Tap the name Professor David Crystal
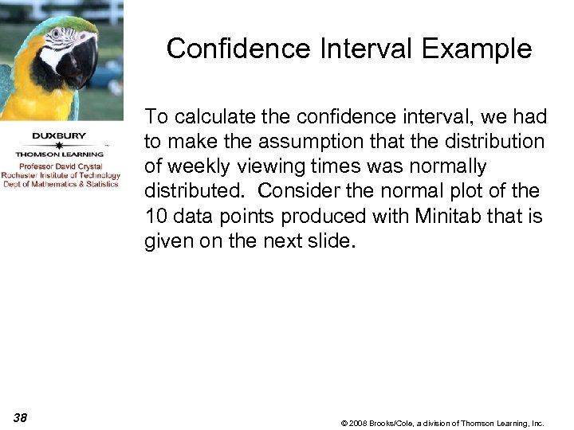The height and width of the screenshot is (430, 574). pos(61,166)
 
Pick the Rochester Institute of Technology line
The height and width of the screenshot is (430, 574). pos(61,175)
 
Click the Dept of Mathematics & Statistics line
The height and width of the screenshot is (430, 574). pos(61,184)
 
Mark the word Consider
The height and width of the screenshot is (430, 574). pos(293,191)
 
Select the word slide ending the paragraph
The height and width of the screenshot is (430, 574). pos(328,240)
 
